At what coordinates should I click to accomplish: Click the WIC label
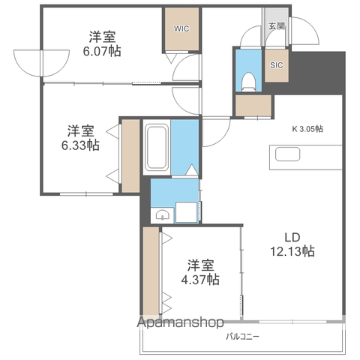click(181, 28)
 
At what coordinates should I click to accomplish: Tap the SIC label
click(277, 65)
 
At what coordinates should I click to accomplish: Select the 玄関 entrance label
click(277, 26)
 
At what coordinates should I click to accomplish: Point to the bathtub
click(157, 148)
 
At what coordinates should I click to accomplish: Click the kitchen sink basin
click(287, 154)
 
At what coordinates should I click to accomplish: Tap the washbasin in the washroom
click(162, 214)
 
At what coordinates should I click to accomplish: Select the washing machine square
click(186, 212)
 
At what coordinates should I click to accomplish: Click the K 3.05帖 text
click(307, 129)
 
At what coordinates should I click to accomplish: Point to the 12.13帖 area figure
click(292, 250)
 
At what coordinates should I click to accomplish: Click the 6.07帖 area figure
click(102, 51)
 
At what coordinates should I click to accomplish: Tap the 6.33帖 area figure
click(80, 145)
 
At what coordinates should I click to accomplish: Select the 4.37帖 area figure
click(200, 279)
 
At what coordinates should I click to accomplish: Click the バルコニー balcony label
click(242, 337)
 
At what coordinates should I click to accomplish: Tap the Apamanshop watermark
click(180, 322)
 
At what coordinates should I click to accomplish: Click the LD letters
click(292, 237)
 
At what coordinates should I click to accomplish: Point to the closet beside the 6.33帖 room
click(130, 156)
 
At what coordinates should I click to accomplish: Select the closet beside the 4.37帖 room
click(151, 271)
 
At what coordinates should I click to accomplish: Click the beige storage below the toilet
click(253, 106)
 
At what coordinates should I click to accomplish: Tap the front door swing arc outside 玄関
click(313, 28)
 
